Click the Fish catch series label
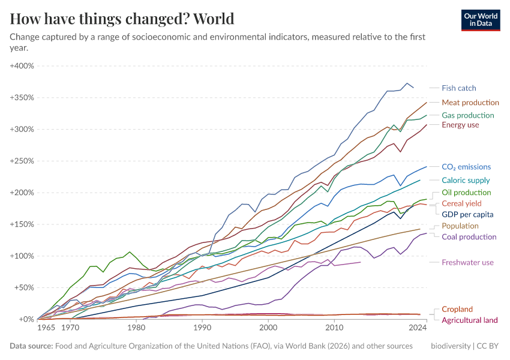(x=458, y=88)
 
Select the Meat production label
(x=470, y=103)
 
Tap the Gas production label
(x=467, y=115)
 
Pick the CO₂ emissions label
(x=466, y=167)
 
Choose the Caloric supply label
(x=466, y=180)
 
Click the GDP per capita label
(x=467, y=214)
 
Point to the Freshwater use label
(x=467, y=262)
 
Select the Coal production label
(x=469, y=236)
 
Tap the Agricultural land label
(x=470, y=320)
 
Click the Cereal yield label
(x=462, y=203)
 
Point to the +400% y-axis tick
(x=22, y=66)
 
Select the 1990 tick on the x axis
(x=202, y=329)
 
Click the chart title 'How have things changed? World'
(x=122, y=19)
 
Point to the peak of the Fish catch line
(x=407, y=83)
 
